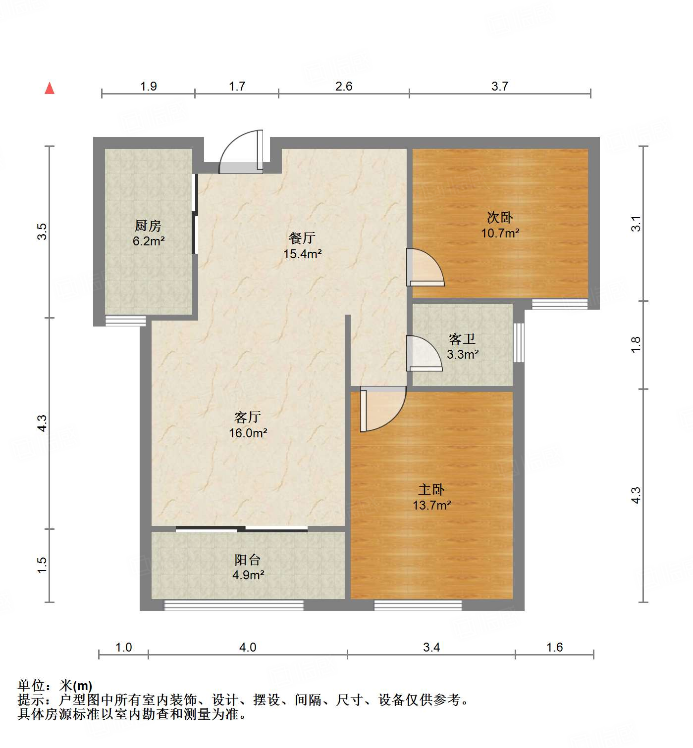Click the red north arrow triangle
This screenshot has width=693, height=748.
(x=50, y=88)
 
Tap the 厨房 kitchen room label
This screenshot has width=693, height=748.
(x=148, y=226)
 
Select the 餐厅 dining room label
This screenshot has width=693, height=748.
(x=302, y=238)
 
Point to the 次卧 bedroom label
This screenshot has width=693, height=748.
(x=500, y=217)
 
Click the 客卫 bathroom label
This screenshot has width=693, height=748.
(x=462, y=339)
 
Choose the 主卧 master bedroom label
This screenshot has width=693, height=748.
(x=431, y=490)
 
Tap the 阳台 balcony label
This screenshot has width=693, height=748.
(x=248, y=560)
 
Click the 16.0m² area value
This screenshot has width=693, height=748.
(x=248, y=433)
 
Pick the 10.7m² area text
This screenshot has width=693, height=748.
(x=500, y=233)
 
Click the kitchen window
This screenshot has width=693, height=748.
(x=126, y=321)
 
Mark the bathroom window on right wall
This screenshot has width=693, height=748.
(x=519, y=342)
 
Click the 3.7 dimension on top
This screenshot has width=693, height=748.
(x=500, y=86)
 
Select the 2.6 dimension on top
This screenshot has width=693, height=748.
(x=344, y=86)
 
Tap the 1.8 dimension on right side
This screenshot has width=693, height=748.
(x=636, y=344)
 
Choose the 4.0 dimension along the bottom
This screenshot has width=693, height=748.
(x=248, y=647)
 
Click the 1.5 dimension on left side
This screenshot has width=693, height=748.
(x=43, y=565)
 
